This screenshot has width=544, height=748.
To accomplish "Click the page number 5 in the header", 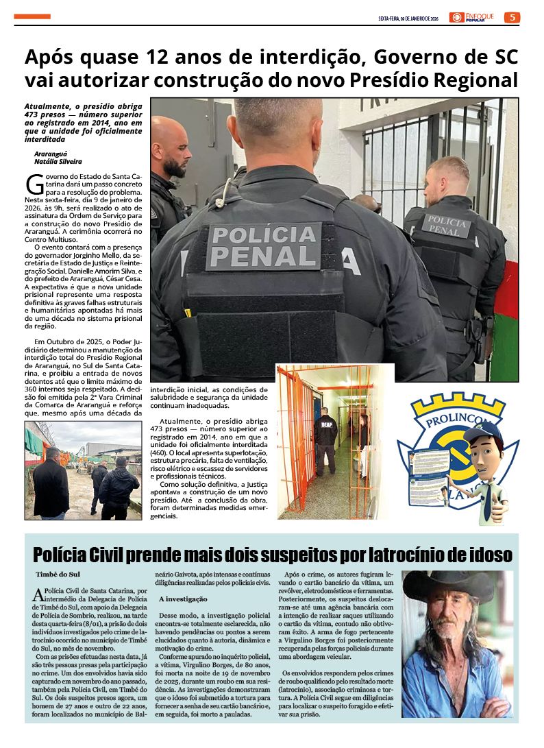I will pos(512,17).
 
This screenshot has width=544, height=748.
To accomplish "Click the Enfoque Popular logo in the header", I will pos(472,17).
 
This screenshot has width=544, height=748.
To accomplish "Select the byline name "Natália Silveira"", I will pos(58,162).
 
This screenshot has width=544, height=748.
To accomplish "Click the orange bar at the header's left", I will pos(32,16).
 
